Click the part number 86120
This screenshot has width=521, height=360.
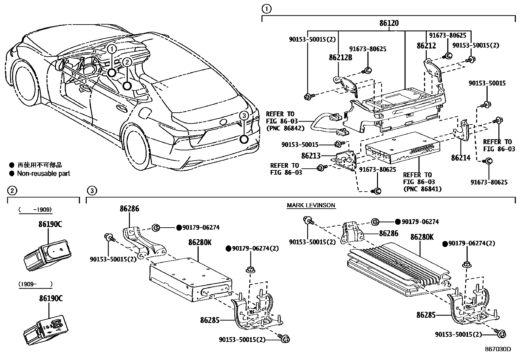[x=389, y=23]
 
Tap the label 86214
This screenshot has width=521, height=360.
[x=460, y=158]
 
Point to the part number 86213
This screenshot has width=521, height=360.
[x=311, y=156]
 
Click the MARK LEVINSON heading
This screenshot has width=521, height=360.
[x=311, y=205]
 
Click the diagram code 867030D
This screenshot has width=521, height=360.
[x=497, y=349]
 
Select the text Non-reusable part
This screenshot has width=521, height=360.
[x=44, y=174]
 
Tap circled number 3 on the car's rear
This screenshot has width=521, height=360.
[x=243, y=115]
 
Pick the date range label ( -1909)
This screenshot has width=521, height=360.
[x=35, y=210]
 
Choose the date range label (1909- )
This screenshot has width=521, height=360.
[x=35, y=284]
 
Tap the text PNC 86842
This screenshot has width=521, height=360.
[x=285, y=128]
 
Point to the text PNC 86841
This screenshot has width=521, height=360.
[x=422, y=189]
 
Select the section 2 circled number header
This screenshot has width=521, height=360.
[x=12, y=190]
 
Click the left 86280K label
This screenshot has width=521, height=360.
[x=200, y=242]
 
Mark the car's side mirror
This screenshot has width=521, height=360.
[x=60, y=65]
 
